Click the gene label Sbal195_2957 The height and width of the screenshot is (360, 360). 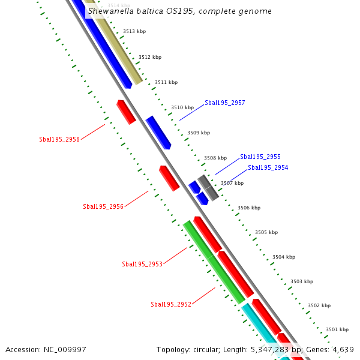click(224, 103)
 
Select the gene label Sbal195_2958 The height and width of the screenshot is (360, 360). click(59, 139)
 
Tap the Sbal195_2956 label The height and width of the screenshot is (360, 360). click(103, 206)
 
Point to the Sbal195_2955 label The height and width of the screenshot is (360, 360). click(260, 157)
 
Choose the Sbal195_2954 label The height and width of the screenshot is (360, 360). click(268, 167)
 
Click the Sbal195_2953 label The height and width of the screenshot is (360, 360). click(142, 264)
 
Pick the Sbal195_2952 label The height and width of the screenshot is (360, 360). click(171, 304)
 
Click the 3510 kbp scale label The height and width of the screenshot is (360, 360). click(182, 107)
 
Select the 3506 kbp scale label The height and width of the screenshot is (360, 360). click(249, 208)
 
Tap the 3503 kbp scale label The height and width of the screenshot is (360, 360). click(301, 281)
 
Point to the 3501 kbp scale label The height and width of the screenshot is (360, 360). click(337, 329)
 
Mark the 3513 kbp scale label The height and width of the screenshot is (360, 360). click(134, 31)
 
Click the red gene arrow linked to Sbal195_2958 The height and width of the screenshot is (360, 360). click(126, 112)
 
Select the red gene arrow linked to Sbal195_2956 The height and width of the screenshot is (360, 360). click(169, 178)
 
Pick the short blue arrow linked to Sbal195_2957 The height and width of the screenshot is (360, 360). click(158, 133)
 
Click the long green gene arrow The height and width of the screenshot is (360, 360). click(214, 262)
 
